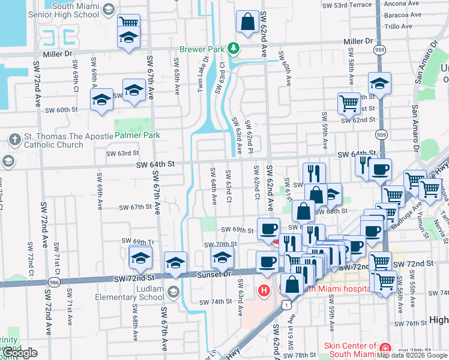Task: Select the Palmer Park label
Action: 137,136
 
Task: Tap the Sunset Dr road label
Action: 214,274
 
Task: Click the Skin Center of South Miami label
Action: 349,349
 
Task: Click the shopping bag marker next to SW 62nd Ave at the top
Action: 247,23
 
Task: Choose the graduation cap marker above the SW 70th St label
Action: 222,259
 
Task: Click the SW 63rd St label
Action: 122,154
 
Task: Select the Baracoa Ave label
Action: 402,16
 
